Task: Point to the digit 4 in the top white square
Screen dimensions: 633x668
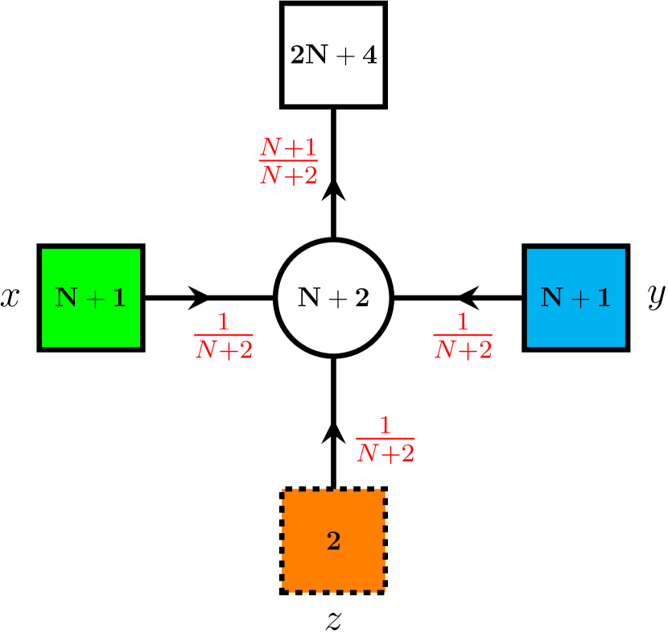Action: [x=369, y=56]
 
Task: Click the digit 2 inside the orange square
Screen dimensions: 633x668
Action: [x=333, y=541]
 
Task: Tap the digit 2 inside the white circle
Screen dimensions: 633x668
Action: [x=361, y=298]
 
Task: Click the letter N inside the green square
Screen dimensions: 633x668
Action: [x=66, y=298]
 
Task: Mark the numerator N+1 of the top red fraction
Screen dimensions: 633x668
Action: [x=288, y=147]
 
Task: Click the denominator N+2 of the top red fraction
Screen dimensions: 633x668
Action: [x=288, y=175]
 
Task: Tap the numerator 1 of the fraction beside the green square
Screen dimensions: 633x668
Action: [x=224, y=323]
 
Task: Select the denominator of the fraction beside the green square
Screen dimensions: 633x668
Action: [x=224, y=350]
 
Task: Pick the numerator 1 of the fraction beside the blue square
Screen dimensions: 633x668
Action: [x=463, y=323]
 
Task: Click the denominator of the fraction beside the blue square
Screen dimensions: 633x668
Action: [x=463, y=350]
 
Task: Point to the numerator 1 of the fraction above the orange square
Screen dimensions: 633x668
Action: [x=385, y=425]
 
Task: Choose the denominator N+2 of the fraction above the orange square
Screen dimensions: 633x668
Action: [x=385, y=453]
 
